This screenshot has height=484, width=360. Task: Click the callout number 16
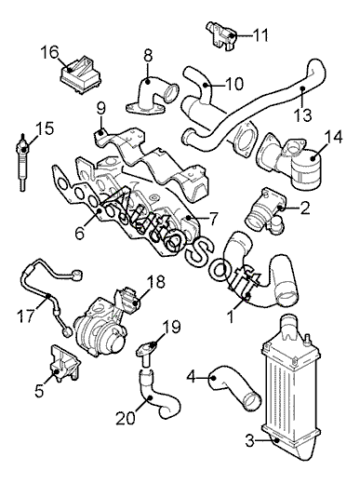(x=49, y=52)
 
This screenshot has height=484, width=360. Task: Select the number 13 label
(x=302, y=115)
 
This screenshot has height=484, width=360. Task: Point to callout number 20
(x=126, y=418)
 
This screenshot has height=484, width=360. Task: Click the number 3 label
(x=250, y=441)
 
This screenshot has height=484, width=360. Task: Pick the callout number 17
(x=26, y=316)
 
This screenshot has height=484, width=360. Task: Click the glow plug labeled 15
(x=23, y=164)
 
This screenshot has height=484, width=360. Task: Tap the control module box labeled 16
(x=80, y=74)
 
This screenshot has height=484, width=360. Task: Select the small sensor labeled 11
(x=222, y=34)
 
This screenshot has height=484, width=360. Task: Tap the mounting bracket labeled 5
(x=64, y=362)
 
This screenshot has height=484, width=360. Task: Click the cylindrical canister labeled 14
(x=307, y=170)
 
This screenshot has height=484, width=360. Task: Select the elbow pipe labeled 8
(x=152, y=96)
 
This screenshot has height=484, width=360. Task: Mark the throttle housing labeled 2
(x=264, y=210)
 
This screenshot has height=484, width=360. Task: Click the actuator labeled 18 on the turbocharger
(x=127, y=301)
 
